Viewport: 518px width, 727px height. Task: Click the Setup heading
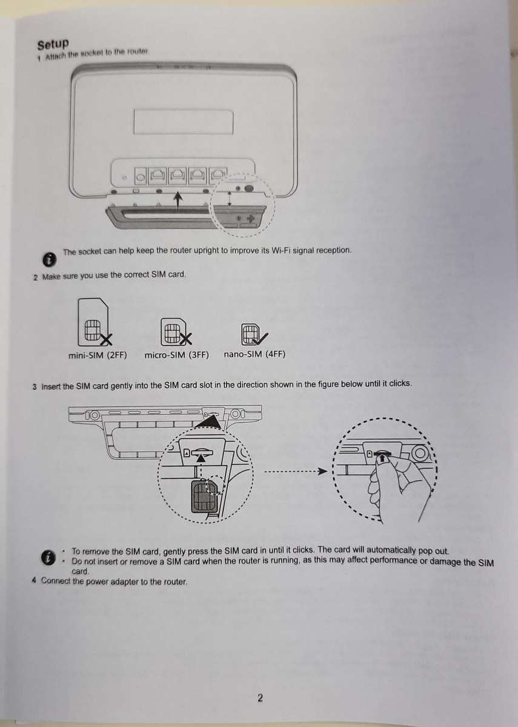[x=53, y=44]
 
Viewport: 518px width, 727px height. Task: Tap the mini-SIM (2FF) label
[x=98, y=355]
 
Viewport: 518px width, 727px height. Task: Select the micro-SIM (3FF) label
[x=176, y=355]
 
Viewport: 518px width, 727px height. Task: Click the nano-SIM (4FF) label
[x=254, y=354]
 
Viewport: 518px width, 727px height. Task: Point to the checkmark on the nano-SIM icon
[x=263, y=336]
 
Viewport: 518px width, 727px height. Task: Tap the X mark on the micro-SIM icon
[x=186, y=337]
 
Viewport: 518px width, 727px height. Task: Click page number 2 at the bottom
[x=260, y=698]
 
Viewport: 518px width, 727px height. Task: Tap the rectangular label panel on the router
[x=183, y=122]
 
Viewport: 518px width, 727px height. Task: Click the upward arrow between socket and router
[x=177, y=200]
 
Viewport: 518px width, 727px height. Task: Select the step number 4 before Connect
[x=34, y=581]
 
